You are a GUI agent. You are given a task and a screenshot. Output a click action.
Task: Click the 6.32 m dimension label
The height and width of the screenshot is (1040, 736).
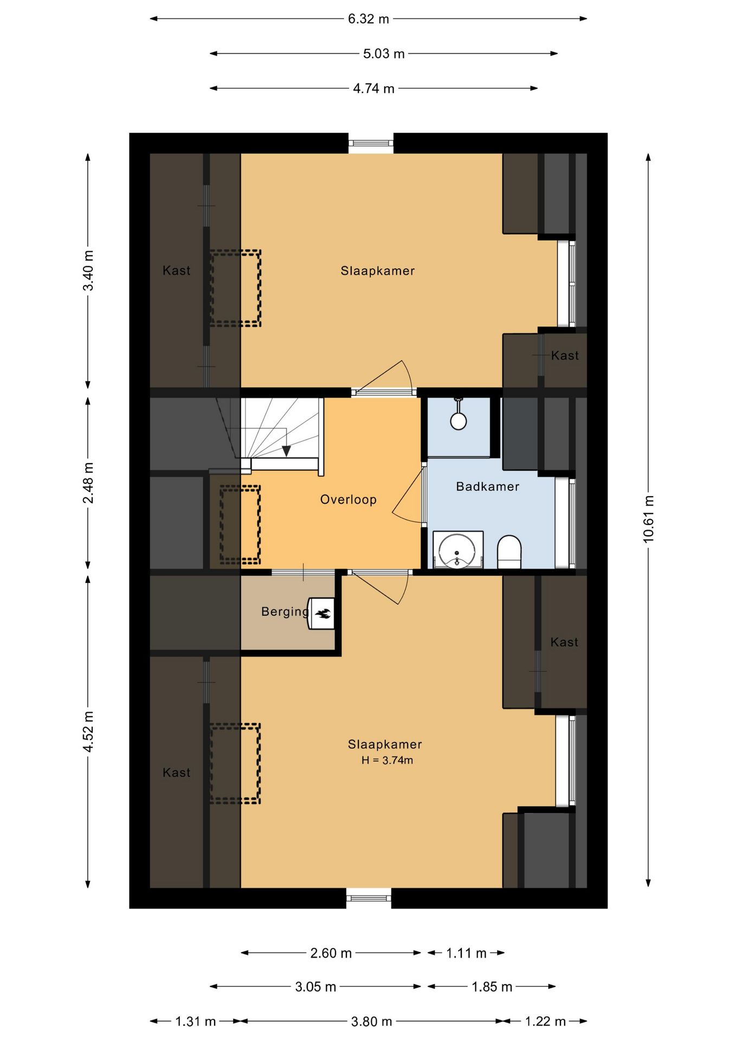point(369,19)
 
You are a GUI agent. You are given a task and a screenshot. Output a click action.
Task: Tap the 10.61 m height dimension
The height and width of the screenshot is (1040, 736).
point(648,518)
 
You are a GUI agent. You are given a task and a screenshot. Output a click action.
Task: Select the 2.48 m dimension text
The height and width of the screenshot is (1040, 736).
point(88,483)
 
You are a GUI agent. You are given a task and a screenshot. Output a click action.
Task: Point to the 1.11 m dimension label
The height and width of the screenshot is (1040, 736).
point(466,953)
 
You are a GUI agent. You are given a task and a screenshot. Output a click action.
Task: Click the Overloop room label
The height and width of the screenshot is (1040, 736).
point(348,499)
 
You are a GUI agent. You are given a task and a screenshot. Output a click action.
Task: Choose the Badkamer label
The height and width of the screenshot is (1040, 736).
point(488,486)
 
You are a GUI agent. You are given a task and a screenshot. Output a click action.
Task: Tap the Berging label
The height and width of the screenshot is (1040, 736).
point(285,612)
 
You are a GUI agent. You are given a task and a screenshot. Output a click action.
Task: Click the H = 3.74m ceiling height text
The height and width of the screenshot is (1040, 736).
point(387,760)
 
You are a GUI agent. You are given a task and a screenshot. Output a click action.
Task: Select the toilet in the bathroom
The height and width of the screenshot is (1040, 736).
point(509,552)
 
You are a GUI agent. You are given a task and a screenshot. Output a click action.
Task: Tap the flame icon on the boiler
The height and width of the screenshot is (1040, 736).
point(324,614)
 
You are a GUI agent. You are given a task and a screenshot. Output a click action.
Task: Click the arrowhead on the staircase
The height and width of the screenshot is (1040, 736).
point(286,451)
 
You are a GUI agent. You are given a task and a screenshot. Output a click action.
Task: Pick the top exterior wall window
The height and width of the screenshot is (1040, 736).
point(371,143)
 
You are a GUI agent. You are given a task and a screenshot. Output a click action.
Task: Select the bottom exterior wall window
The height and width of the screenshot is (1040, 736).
point(369,898)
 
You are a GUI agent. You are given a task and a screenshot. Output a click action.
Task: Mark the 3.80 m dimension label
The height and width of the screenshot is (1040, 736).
point(371,1021)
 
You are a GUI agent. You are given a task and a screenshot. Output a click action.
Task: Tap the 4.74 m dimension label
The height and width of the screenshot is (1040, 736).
point(373,88)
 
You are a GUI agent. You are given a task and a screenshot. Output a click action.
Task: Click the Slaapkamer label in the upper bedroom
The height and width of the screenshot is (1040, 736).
point(378,271)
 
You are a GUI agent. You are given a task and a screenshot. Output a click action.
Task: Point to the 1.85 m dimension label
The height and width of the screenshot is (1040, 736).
point(492,986)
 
